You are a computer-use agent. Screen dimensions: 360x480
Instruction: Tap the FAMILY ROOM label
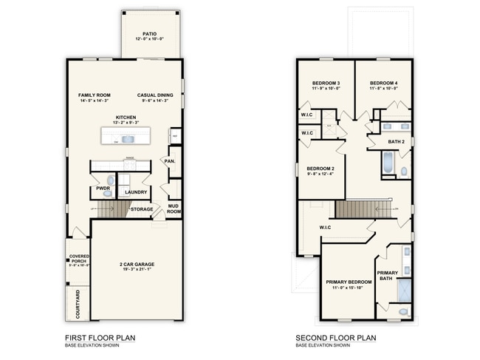point(95,95)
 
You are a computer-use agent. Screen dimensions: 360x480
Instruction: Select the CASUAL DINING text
point(155,95)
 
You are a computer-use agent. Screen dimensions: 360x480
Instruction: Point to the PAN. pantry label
point(169,160)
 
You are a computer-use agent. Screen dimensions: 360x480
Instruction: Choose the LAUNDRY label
point(135,192)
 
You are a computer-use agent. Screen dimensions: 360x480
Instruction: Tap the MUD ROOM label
point(174,208)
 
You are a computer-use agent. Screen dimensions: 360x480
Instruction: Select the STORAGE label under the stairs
point(142,209)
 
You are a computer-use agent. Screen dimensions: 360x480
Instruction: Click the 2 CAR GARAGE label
point(138,264)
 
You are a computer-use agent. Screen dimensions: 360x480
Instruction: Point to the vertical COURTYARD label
point(78,303)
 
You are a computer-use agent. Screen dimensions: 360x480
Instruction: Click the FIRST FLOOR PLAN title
point(100,338)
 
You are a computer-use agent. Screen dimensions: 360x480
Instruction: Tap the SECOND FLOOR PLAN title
point(336,338)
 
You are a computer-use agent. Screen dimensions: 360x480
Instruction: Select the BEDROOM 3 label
point(326,83)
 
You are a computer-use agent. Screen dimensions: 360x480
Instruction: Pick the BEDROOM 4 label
point(384,83)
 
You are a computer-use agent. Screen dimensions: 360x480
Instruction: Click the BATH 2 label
point(397,141)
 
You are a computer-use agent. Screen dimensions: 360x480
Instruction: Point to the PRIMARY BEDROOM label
point(349,282)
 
